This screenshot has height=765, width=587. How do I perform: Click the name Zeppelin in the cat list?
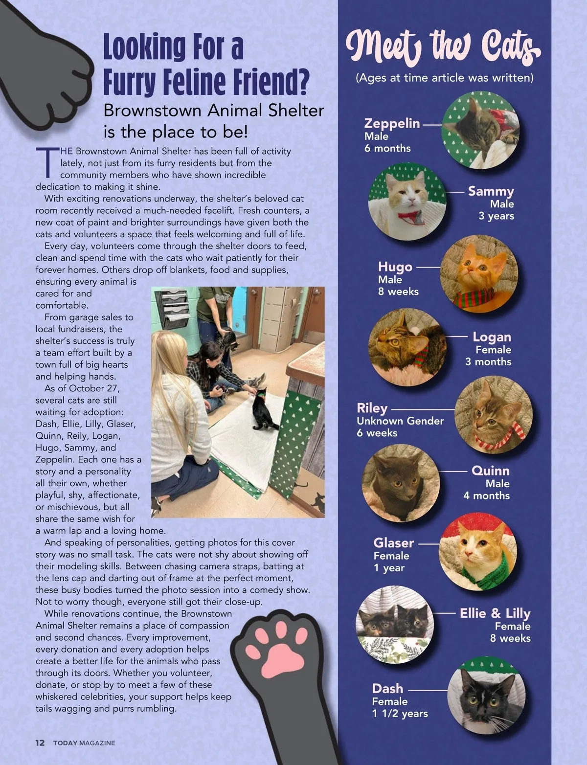392,123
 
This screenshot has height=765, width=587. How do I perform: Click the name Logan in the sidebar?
492,337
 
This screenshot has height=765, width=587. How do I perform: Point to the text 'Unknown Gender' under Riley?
400,421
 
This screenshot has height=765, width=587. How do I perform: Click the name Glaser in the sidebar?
394,543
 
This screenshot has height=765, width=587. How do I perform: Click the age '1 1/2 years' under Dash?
400,714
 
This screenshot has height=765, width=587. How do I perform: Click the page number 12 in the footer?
40,742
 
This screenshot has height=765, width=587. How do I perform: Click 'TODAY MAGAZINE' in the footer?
84,742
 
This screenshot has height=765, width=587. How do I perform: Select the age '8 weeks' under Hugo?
398,292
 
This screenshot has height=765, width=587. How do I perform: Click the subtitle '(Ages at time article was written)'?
444,78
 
